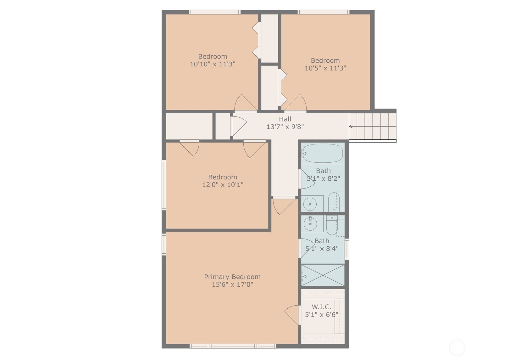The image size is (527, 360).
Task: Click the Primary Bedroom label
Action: [232, 277]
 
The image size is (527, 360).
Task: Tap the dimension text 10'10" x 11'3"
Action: [213, 64]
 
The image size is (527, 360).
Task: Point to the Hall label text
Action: [285, 119]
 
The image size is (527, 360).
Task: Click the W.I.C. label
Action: [321, 307]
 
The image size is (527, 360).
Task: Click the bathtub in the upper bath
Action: [323, 153]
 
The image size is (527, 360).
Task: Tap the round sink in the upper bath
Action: [310, 204]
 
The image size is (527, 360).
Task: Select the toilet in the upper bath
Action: [334, 202]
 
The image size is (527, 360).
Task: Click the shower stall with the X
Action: [323, 275]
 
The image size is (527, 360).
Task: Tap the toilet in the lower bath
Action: [332, 225]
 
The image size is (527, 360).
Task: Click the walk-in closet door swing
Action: [292, 314]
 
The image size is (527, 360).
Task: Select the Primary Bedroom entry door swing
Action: [283, 206]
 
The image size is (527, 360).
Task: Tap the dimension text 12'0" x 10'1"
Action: [223, 185]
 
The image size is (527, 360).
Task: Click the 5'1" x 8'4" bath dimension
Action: [322, 249]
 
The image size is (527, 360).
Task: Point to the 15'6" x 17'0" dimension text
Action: [232, 285]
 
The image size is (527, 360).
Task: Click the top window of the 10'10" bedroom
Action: [215, 12]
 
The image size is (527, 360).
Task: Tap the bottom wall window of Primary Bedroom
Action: [233, 346]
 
